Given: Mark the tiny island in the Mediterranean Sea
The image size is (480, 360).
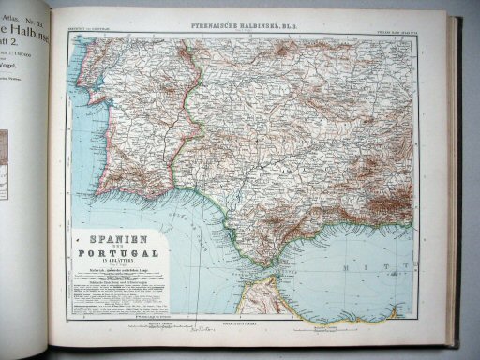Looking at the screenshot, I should pyautogui.click(x=367, y=281).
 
